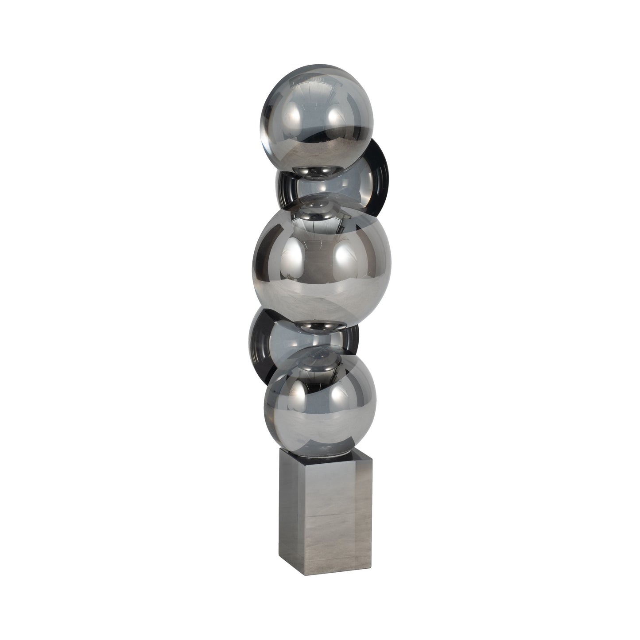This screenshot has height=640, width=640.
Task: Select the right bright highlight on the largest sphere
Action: point(345,257)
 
